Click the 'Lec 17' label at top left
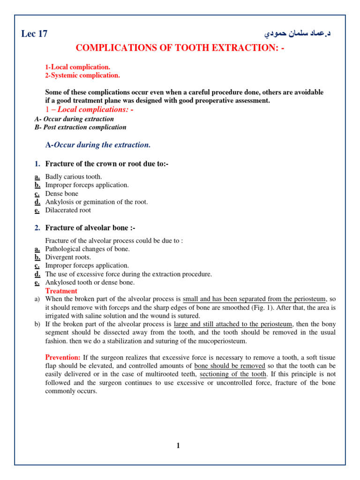34,34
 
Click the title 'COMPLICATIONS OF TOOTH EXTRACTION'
180,49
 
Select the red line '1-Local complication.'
78,67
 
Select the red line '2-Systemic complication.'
82,75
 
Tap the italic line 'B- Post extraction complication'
80,127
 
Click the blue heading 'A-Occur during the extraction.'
98,145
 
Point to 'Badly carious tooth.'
74,177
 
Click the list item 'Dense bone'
62,194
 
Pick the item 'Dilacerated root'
68,210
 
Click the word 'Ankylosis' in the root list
59,202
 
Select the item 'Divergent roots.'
68,257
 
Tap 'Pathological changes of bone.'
88,249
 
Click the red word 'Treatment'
61,291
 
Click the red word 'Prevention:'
63,358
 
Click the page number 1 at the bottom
178,445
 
